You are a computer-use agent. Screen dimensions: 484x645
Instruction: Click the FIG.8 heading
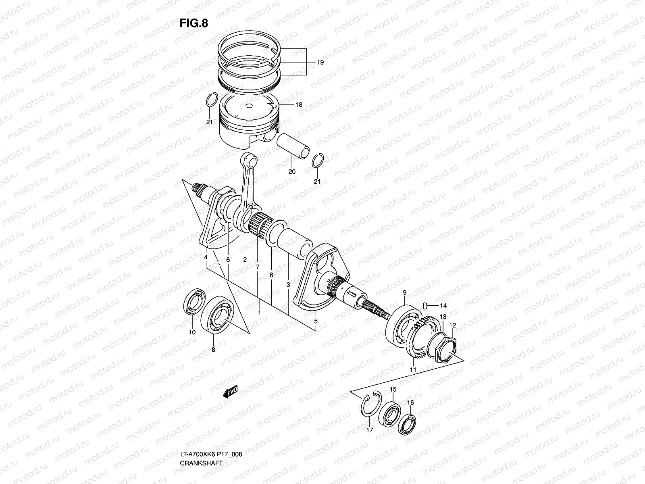click(x=194, y=23)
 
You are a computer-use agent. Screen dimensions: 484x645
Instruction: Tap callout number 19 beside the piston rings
click(x=320, y=63)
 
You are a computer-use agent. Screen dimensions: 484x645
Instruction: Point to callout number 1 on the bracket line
click(x=259, y=313)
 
